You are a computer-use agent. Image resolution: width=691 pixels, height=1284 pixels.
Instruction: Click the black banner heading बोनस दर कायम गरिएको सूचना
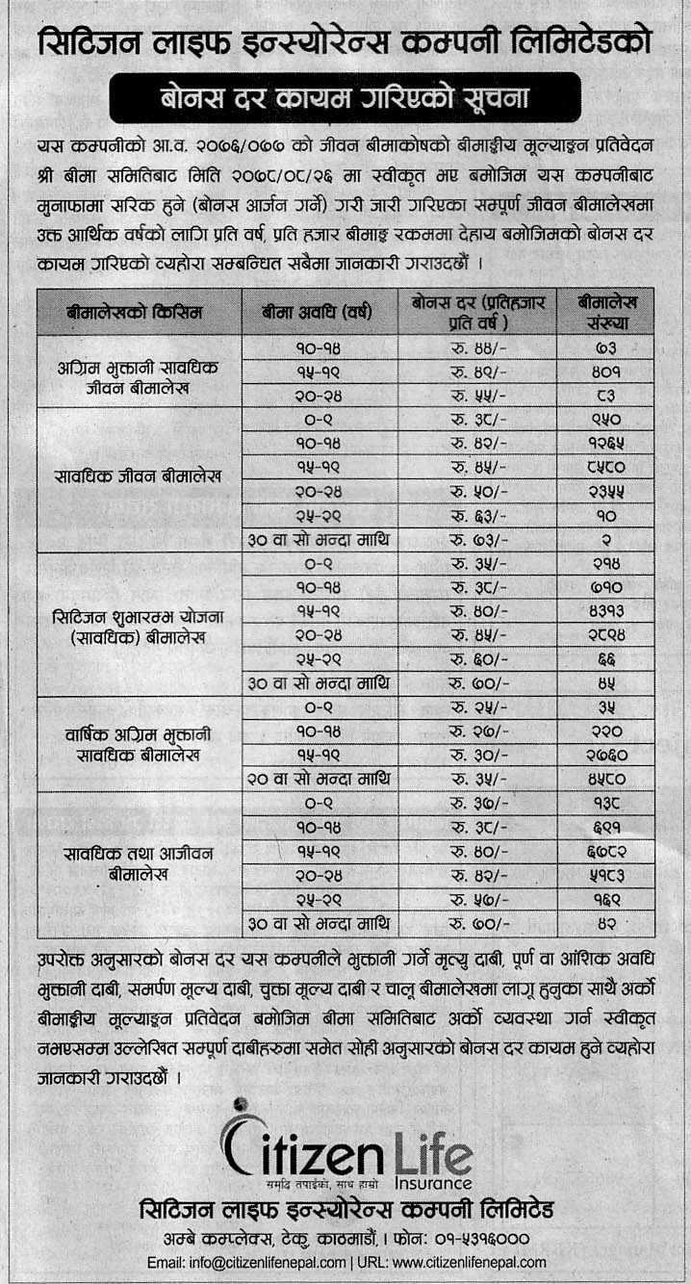[345, 97]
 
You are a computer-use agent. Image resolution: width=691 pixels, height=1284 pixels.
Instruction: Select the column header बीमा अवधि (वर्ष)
[319, 312]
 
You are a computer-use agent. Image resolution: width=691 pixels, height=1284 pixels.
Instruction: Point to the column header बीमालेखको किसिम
[140, 312]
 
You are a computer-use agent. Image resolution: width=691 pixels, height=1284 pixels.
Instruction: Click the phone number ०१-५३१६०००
[481, 1237]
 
